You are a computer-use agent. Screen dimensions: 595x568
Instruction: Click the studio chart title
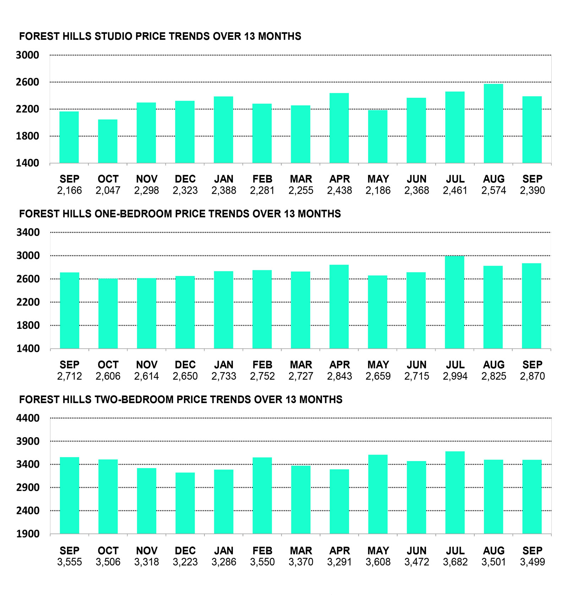(x=160, y=36)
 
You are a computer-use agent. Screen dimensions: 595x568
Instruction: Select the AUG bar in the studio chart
(x=493, y=124)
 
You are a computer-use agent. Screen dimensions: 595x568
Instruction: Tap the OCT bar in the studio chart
(x=108, y=141)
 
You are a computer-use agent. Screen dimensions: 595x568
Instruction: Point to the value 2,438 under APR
(x=339, y=191)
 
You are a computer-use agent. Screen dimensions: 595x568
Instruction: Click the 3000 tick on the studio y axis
(x=27, y=55)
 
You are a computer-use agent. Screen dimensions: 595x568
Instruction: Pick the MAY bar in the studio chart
(x=378, y=137)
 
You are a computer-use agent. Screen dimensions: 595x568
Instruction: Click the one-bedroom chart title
(x=180, y=214)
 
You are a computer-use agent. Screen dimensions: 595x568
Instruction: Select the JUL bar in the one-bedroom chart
(x=455, y=302)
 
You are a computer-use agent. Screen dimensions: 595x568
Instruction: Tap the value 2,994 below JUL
(x=455, y=376)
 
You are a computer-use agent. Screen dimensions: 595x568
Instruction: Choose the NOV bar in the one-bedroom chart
(x=147, y=313)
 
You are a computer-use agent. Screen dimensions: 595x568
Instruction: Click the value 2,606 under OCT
(x=108, y=376)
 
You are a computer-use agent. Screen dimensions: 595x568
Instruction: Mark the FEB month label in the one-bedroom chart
(x=262, y=365)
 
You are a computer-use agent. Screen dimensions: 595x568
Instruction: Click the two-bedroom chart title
(x=181, y=400)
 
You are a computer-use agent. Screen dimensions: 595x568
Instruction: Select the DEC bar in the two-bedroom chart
(x=185, y=503)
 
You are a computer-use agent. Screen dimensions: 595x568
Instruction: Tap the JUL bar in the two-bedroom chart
(x=455, y=492)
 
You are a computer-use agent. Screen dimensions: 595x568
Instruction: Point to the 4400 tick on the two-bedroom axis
(x=28, y=418)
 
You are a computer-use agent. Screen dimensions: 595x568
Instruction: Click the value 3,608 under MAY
(x=378, y=562)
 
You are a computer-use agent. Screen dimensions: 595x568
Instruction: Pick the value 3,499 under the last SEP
(x=532, y=562)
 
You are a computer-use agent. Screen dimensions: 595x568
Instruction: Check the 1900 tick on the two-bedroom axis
(x=28, y=534)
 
